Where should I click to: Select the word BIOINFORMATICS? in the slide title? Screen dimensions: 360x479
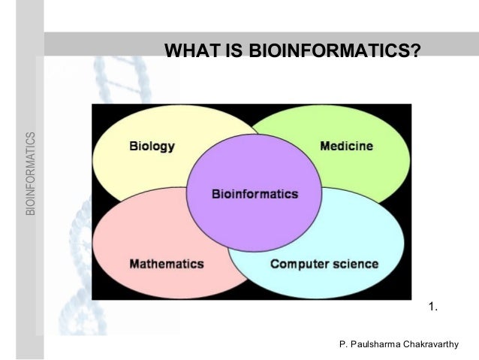tap(335, 50)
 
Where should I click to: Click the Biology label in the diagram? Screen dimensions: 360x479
tap(152, 146)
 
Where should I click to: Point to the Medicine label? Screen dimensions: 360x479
tap(346, 146)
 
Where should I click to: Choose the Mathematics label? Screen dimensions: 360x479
tap(167, 264)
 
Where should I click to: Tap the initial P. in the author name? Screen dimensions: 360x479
tap(343, 344)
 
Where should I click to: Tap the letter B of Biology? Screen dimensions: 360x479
tap(133, 146)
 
